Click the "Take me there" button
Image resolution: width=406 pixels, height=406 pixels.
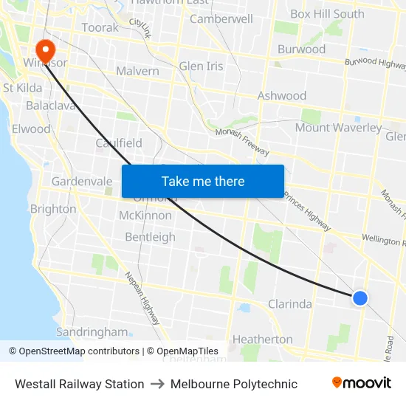click(203, 181)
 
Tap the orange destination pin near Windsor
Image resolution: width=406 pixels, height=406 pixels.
click(45, 49)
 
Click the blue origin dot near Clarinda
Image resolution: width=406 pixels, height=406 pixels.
click(359, 297)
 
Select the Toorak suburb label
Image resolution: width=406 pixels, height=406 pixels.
click(100, 27)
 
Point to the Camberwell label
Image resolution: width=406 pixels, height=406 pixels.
click(221, 18)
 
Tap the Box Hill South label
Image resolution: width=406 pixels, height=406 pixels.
click(327, 13)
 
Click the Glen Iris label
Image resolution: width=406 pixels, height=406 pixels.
click(201, 66)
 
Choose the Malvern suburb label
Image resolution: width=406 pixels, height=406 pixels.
click(137, 71)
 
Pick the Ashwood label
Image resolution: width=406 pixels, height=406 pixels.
click(282, 95)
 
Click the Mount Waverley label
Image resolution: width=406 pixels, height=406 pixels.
click(338, 128)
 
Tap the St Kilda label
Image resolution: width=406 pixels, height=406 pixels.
click(21, 88)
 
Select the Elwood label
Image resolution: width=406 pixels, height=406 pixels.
click(31, 128)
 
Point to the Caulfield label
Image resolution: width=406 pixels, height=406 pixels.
click(119, 142)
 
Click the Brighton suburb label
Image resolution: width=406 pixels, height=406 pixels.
click(53, 209)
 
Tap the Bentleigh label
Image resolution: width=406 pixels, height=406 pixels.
click(150, 237)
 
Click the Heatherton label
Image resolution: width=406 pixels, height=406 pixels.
click(262, 339)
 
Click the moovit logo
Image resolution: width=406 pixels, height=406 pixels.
click(361, 383)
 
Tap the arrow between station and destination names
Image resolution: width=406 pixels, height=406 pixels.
click(157, 384)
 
